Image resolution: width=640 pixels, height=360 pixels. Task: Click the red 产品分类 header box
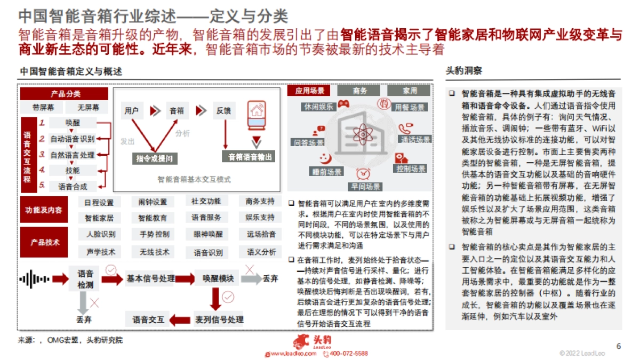(x=66, y=94)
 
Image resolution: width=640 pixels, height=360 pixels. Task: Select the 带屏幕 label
(x=43, y=107)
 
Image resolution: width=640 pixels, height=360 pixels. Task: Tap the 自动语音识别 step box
(x=73, y=139)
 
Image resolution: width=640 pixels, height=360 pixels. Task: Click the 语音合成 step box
(x=73, y=186)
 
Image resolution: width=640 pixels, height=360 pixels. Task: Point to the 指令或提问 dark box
(x=154, y=158)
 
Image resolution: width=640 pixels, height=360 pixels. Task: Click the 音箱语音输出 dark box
(x=250, y=157)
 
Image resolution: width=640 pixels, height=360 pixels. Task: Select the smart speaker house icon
(x=256, y=116)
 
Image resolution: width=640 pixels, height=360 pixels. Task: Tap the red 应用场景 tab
(x=309, y=91)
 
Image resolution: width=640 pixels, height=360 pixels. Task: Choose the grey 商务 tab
(x=360, y=91)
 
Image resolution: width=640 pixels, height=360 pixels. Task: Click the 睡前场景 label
(x=326, y=171)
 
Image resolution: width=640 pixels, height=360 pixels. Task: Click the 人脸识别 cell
(x=100, y=234)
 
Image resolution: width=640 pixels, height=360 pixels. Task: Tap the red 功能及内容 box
(x=44, y=210)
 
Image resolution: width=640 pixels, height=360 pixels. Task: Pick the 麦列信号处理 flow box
(x=219, y=319)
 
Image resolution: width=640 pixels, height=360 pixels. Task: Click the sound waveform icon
(x=34, y=278)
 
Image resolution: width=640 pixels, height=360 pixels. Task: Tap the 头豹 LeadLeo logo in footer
(x=318, y=341)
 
